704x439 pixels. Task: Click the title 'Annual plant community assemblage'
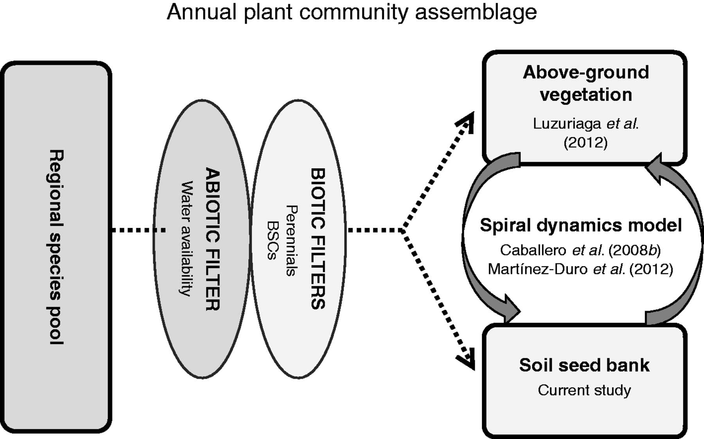pos(352,12)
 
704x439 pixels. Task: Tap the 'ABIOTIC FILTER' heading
pos(213,239)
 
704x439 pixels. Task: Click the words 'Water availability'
pos(187,238)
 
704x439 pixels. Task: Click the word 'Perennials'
pos(291,240)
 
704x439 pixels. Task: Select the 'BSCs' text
pos(272,240)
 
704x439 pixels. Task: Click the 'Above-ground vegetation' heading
pos(585,83)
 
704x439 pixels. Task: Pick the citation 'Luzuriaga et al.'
pos(585,124)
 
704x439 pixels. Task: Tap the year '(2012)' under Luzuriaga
pos(585,142)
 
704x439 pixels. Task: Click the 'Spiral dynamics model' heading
pos(581,225)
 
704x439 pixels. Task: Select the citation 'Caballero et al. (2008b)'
pos(580,250)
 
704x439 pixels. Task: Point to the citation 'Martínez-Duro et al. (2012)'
pos(580,269)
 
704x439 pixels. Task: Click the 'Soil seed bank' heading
pos(584,365)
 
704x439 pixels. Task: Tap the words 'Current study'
pos(584,390)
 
